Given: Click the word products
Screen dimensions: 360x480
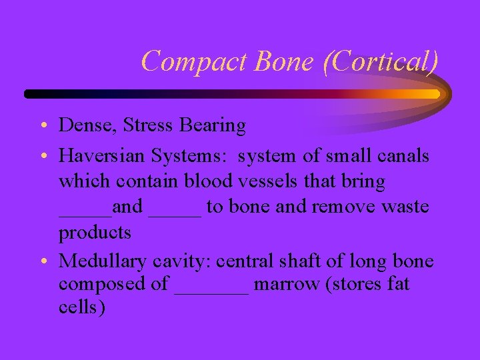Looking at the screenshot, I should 95,233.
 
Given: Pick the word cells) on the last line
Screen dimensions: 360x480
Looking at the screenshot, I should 81,309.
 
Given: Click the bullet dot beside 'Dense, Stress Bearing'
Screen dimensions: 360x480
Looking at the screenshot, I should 42,125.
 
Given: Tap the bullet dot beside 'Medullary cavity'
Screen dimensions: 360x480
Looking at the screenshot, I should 42,260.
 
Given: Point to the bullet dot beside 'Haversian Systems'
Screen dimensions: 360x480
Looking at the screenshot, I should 42,156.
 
